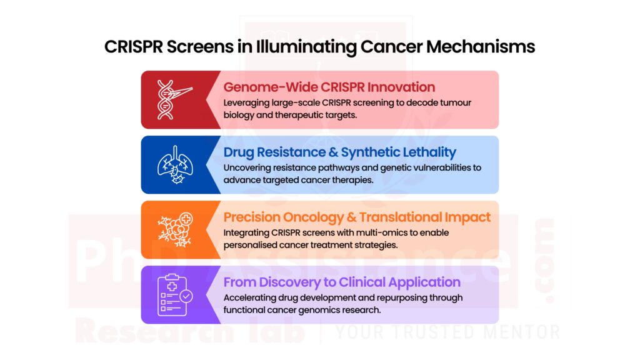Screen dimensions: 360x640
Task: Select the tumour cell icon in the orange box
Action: click(174, 230)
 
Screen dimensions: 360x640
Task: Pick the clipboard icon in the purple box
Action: click(174, 295)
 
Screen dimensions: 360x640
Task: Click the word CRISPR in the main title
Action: click(133, 47)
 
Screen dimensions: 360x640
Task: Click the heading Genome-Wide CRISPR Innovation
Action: click(329, 86)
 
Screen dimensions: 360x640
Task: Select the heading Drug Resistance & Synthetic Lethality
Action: click(340, 152)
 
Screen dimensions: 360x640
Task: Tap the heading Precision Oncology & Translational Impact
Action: click(357, 217)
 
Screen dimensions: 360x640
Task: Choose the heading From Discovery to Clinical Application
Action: click(342, 282)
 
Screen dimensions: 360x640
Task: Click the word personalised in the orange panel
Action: click(253, 245)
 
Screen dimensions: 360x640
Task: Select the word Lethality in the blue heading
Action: click(426, 152)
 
